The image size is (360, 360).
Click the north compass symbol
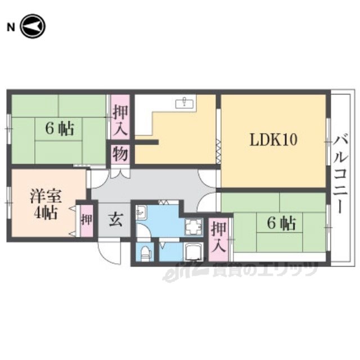click(x=33, y=26)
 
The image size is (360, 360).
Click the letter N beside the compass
click(x=11, y=28)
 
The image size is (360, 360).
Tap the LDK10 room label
click(x=273, y=140)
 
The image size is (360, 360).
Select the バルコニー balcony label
click(x=340, y=174)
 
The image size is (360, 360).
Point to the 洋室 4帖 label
click(x=46, y=204)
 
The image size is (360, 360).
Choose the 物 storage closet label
click(x=120, y=154)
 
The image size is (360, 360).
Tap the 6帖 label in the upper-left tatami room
click(x=60, y=129)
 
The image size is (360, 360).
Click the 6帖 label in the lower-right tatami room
click(x=281, y=223)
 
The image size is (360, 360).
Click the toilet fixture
click(x=145, y=253)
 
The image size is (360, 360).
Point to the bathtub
click(x=193, y=252)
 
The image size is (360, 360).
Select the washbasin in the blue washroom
click(x=141, y=212)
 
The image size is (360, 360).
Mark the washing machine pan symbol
click(x=193, y=227)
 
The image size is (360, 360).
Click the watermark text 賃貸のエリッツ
click(x=264, y=269)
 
